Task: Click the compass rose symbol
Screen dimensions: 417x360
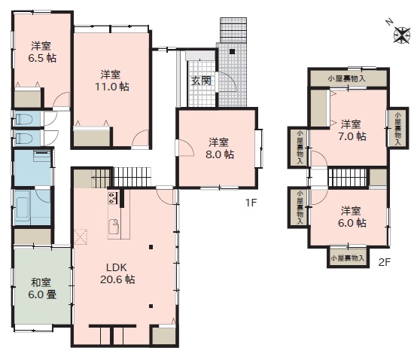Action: point(402,35)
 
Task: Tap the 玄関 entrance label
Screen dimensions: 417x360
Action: point(201,81)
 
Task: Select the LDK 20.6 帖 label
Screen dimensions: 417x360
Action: point(117,273)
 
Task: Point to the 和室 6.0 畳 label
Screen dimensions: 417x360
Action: point(42,288)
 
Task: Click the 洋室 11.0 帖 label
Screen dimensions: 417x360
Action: point(112,81)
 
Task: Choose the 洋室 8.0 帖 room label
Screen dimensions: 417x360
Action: point(219,148)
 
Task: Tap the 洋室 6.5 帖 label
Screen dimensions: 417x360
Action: point(42,52)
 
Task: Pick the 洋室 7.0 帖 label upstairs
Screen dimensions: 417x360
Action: point(352,130)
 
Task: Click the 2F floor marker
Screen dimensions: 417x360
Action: point(385,262)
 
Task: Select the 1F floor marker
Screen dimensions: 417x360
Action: point(251,203)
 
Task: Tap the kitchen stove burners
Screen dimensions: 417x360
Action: point(112,197)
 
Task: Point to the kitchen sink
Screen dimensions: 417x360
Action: point(114,227)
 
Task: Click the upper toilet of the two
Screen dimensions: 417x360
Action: point(24,119)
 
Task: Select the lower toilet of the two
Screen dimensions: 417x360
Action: point(24,139)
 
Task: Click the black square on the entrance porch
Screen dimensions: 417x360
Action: point(232,52)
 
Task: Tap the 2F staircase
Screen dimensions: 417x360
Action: point(347,178)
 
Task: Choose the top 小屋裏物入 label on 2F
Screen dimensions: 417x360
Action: point(346,79)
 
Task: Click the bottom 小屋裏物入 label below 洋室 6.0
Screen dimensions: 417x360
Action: point(347,258)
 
